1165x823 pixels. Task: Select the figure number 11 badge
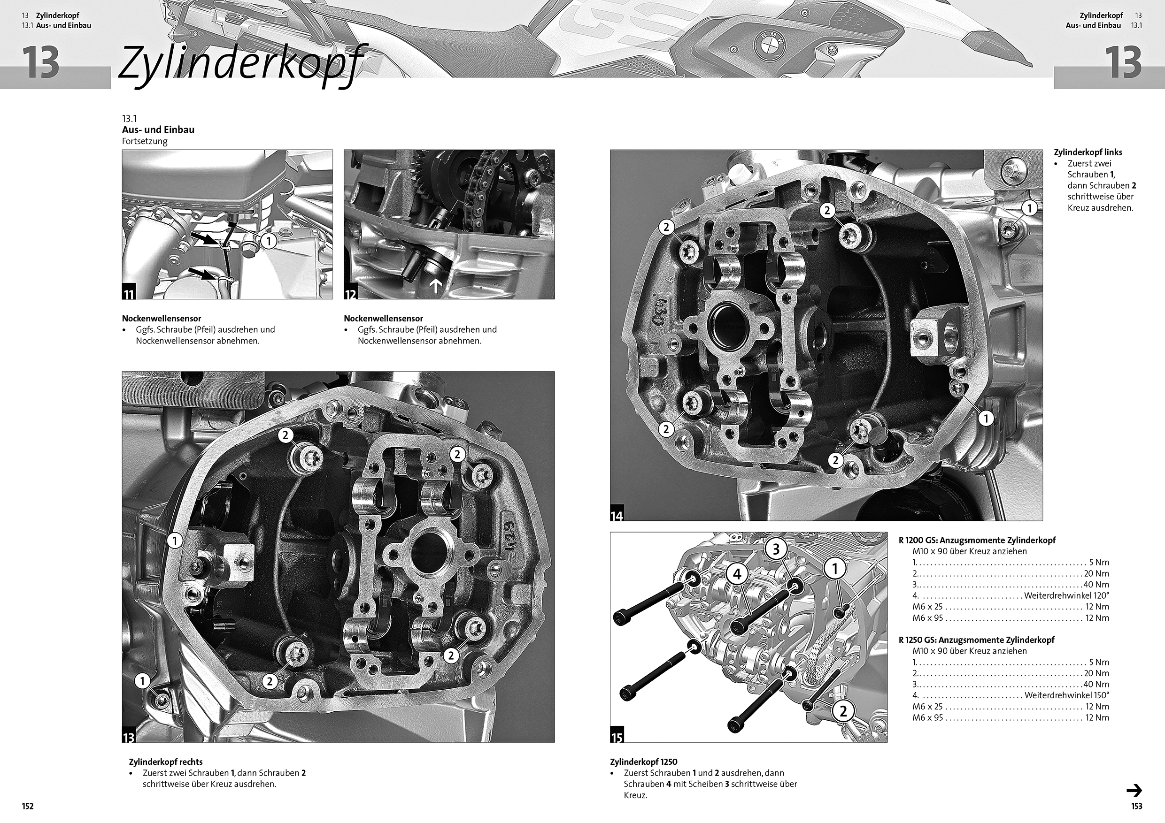tap(129, 294)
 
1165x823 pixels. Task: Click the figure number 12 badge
tap(351, 294)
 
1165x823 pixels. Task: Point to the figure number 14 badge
tap(617, 515)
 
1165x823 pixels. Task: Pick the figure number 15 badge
tap(617, 736)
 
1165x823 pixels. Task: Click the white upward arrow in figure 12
tap(435, 287)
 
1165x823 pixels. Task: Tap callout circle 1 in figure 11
tap(269, 240)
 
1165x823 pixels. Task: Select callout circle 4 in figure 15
tap(737, 574)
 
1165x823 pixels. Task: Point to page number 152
tap(27, 806)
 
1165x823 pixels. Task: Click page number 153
tap(1136, 806)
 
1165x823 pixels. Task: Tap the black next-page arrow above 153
tap(1134, 791)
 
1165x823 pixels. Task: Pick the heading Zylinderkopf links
tap(1088, 152)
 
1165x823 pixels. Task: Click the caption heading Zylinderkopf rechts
tap(166, 762)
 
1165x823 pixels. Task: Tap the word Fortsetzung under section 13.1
tap(145, 141)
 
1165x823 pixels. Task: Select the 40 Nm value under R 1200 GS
tap(1095, 585)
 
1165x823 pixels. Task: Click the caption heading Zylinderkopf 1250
tap(643, 762)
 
